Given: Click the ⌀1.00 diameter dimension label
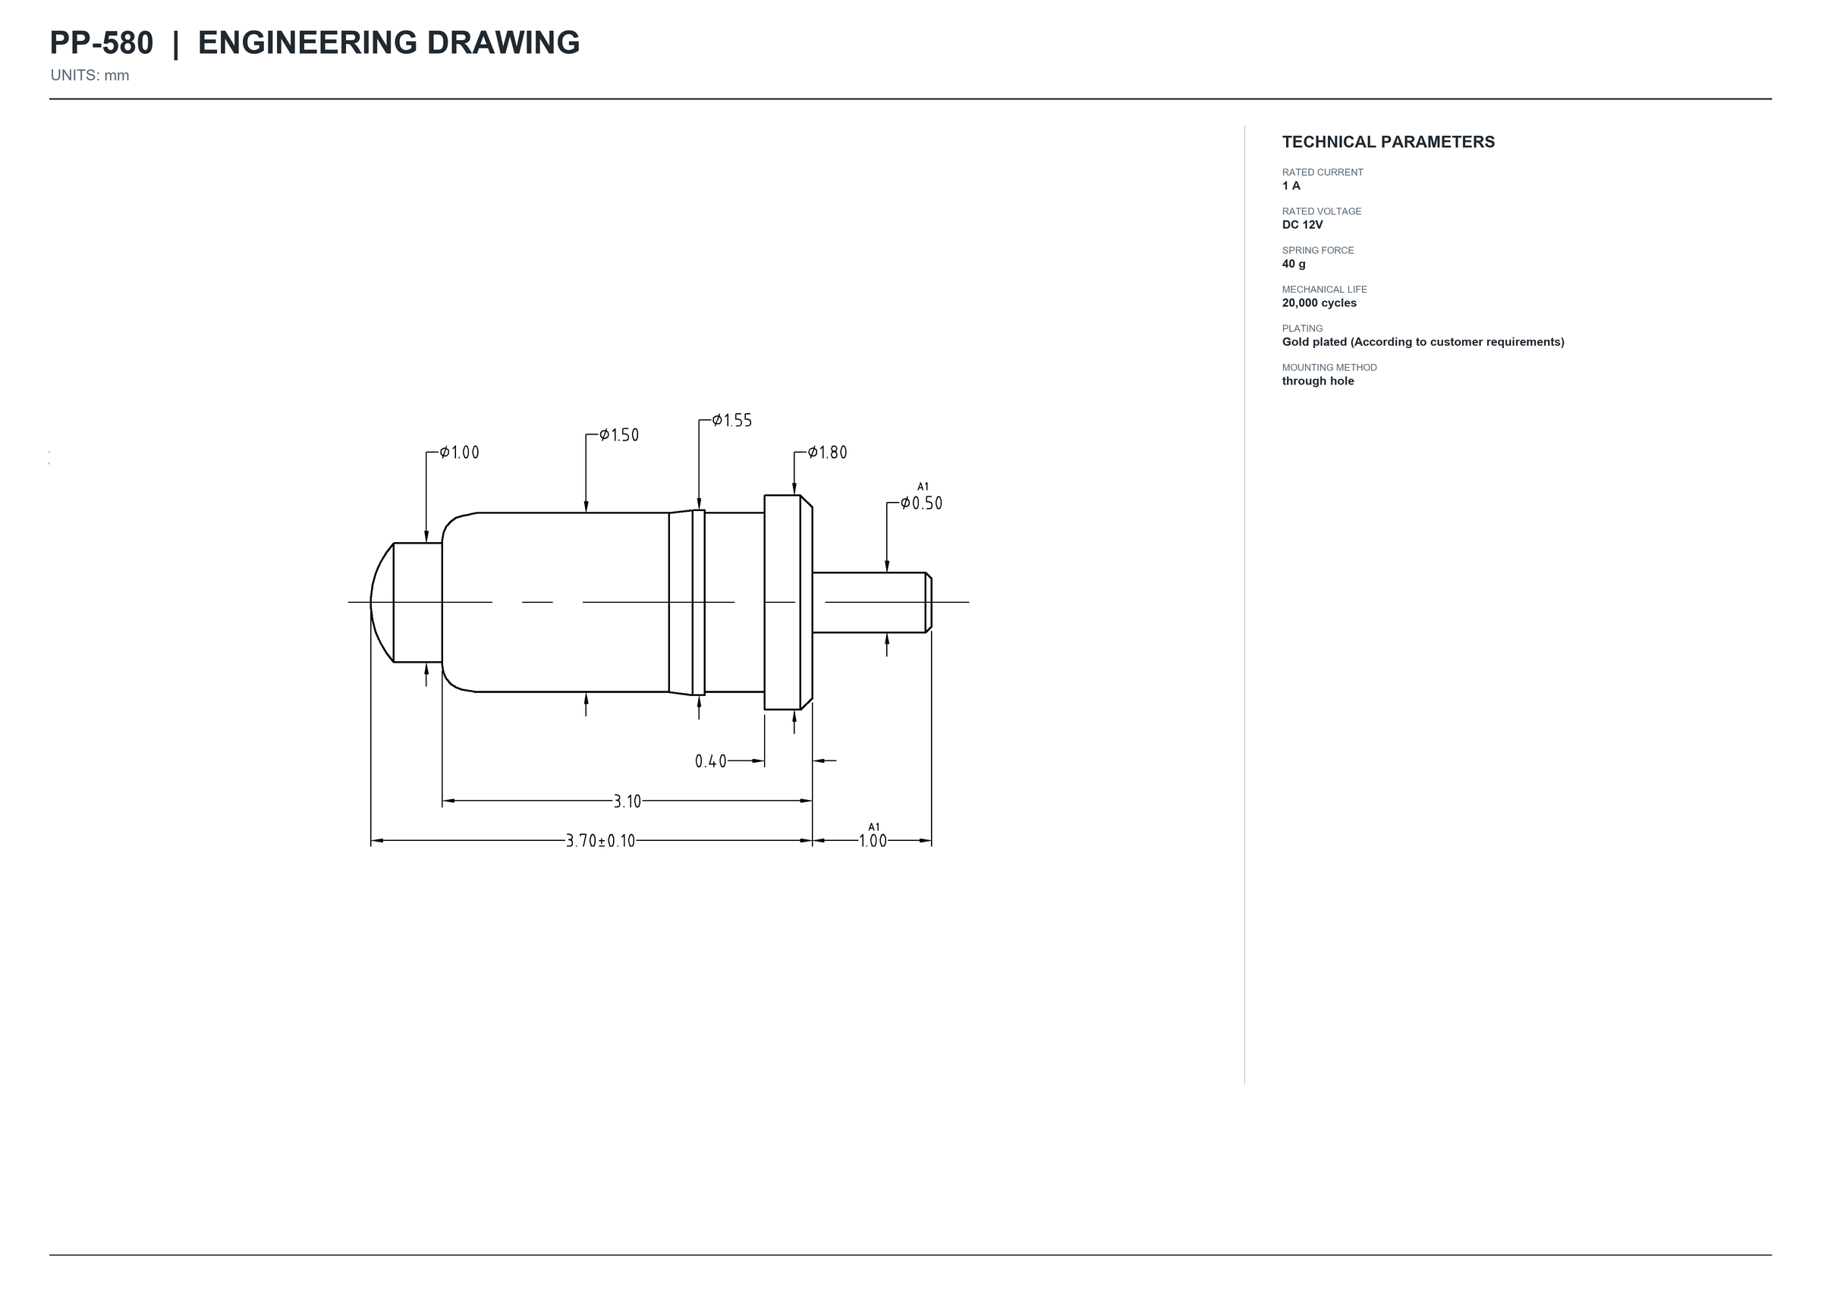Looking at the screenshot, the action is pos(460,453).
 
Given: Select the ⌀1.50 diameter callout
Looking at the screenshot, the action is pos(618,435).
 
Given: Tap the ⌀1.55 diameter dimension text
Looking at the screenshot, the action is pos(731,421).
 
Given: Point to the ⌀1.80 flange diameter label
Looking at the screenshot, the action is pos(828,453).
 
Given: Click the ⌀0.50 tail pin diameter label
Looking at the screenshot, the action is pos(921,503).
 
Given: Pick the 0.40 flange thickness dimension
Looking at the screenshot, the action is pos(711,762).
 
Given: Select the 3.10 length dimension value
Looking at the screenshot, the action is pos(627,801).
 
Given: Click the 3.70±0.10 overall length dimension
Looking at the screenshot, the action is pos(600,842).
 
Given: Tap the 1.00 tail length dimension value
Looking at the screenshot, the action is pos(873,842).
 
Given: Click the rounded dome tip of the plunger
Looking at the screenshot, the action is pos(382,603).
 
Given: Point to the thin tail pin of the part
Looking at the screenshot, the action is pos(872,603).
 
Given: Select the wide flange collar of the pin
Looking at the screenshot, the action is pos(788,603).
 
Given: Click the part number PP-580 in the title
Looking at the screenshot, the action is pos(101,43).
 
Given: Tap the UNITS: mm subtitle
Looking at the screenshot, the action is pos(90,75).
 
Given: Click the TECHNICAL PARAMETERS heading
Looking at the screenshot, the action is pos(1389,142).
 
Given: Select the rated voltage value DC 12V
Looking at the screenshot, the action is pos(1303,224).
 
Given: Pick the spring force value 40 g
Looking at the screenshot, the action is pos(1294,264).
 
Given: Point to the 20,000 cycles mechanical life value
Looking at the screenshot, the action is pos(1319,303).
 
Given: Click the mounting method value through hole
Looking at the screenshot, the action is pos(1317,381).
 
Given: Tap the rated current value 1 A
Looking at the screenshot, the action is pos(1291,186).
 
